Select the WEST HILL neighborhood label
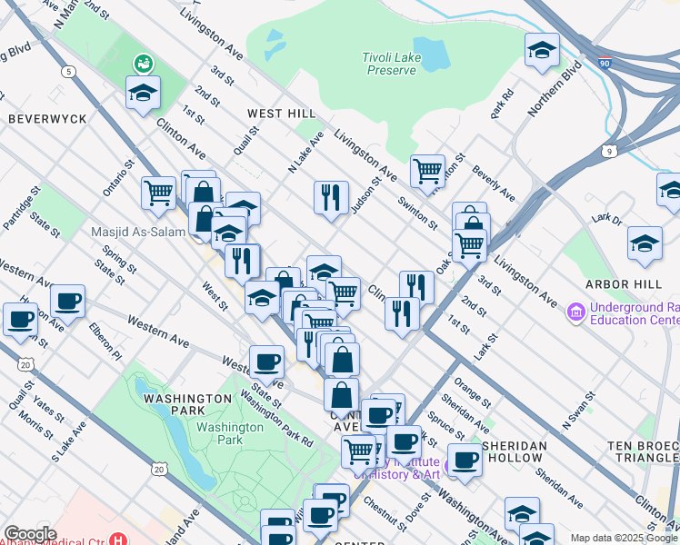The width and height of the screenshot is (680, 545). point(281,114)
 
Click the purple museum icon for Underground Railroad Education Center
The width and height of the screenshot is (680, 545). point(575,313)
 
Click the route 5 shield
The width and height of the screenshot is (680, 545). point(68,70)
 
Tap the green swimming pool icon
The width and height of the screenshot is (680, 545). point(143,64)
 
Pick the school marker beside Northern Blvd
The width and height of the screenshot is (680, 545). point(542,50)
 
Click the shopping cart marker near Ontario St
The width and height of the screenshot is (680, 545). point(158,193)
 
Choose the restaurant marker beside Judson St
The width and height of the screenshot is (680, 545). point(331,197)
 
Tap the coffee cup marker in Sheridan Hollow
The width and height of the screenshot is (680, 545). point(465,459)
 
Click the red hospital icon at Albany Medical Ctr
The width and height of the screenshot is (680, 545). point(117,538)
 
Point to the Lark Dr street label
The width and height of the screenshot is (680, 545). point(605,219)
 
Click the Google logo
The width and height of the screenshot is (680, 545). point(30,534)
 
